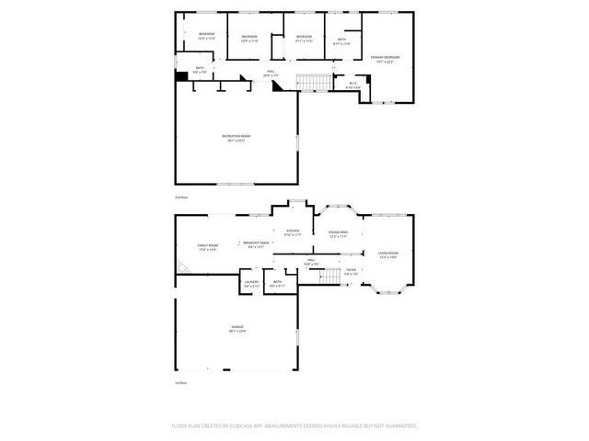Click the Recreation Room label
pyautogui.click(x=237, y=138)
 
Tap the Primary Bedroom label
pyautogui.click(x=385, y=58)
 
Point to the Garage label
pyautogui.click(x=237, y=329)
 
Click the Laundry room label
pyautogui.click(x=252, y=285)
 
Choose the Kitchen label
pyautogui.click(x=293, y=232)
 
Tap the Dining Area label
pyautogui.click(x=338, y=234)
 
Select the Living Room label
pyautogui.click(x=388, y=254)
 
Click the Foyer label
pyautogui.click(x=351, y=271)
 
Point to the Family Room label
pyautogui.click(x=208, y=247)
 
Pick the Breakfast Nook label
pyautogui.click(x=257, y=243)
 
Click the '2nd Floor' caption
pyautogui.click(x=181, y=197)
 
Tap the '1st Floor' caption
pyautogui.click(x=181, y=382)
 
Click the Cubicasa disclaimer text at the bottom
pyautogui.click(x=294, y=426)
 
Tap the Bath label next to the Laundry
pyautogui.click(x=276, y=285)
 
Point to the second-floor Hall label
pyautogui.click(x=271, y=73)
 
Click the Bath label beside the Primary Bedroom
pyautogui.click(x=341, y=41)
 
